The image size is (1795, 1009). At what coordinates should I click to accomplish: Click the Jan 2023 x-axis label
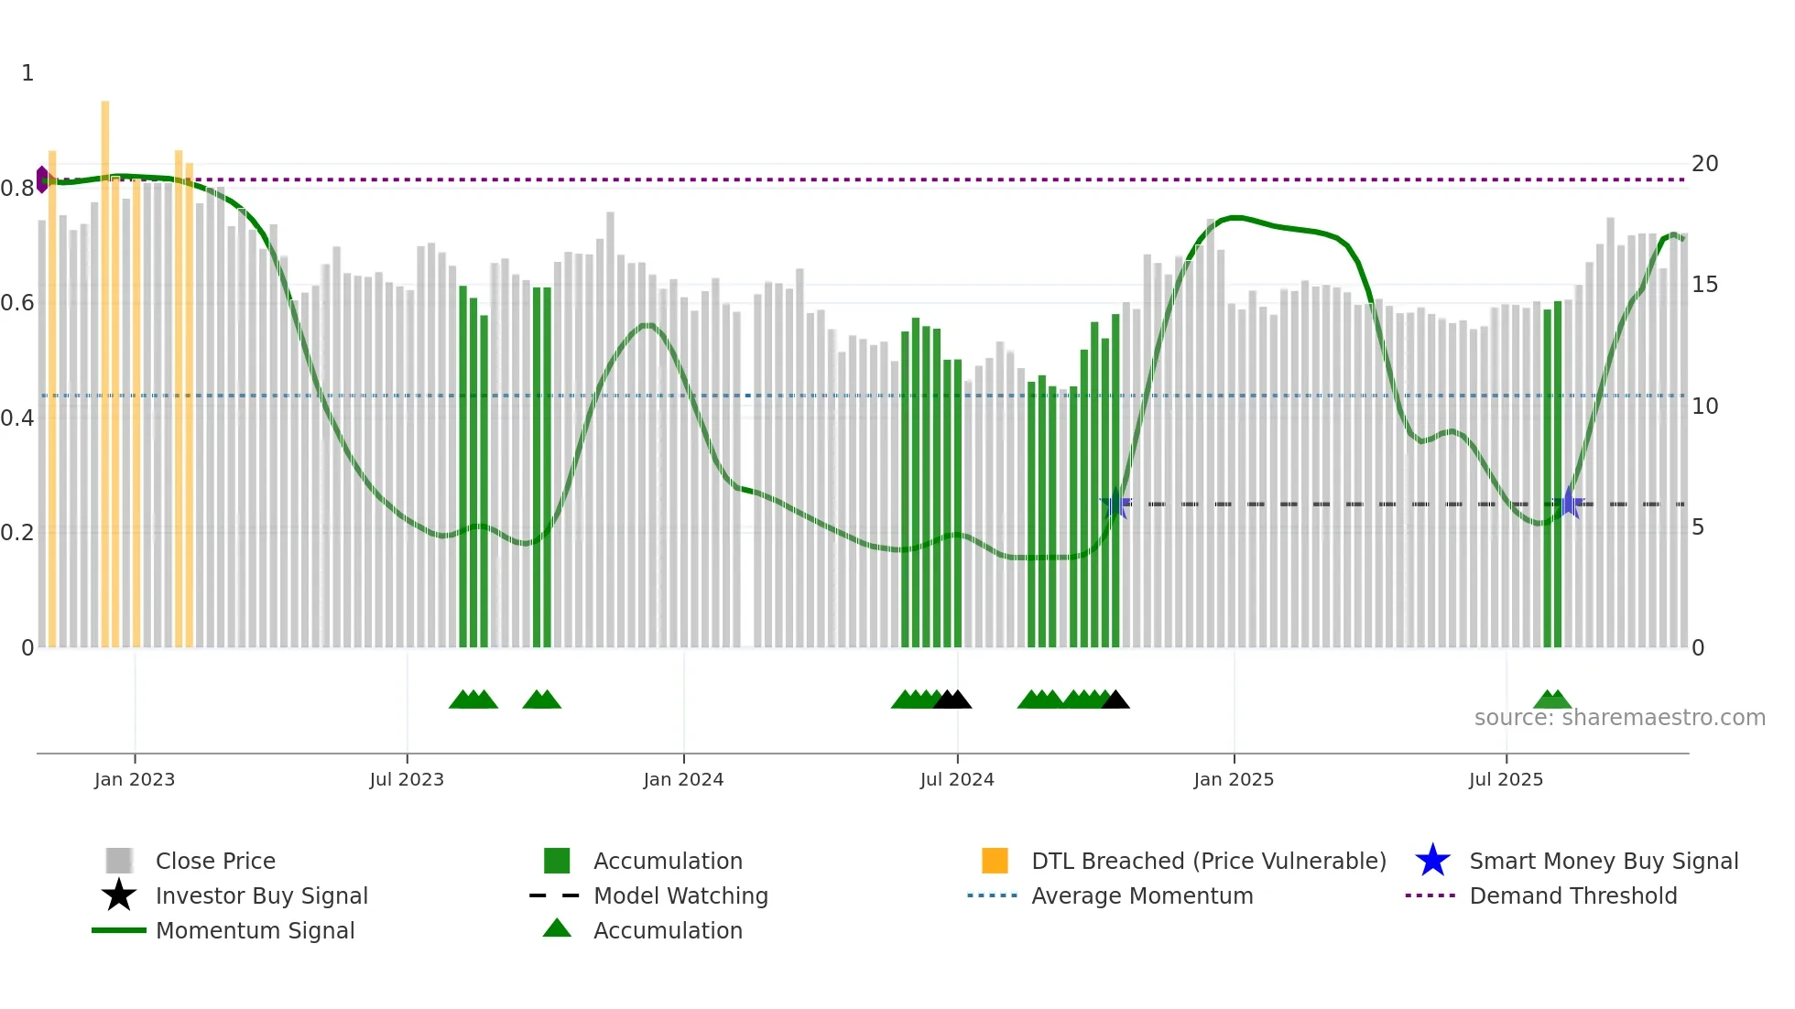point(135,779)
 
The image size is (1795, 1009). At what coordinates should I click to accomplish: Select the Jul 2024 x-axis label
point(957,779)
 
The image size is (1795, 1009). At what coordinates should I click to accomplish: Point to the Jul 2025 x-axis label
point(1506,779)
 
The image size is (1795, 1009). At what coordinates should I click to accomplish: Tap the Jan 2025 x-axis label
point(1234,779)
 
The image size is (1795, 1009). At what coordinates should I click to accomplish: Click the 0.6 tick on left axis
point(17,303)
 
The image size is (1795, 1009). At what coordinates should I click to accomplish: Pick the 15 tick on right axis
point(1704,285)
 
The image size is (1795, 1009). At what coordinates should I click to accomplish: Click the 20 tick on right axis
point(1704,164)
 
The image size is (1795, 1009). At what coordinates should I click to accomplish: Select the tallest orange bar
point(105,366)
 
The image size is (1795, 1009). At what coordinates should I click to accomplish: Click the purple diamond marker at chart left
point(42,179)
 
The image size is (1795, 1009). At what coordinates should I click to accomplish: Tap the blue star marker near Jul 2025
point(1569,503)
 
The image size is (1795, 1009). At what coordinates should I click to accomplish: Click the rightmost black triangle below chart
point(1115,700)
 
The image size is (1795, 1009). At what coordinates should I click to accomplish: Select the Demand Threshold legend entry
point(1572,895)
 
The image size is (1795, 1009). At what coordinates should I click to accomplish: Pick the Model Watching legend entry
point(680,895)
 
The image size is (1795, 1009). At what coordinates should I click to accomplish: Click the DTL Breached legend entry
point(1208,861)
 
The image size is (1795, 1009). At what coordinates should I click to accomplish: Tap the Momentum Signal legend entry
point(255,930)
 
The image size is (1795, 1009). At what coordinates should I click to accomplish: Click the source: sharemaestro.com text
point(1619,718)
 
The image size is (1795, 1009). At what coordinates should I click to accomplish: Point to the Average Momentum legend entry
point(1141,895)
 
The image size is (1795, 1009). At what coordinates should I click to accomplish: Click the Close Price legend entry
point(214,861)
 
